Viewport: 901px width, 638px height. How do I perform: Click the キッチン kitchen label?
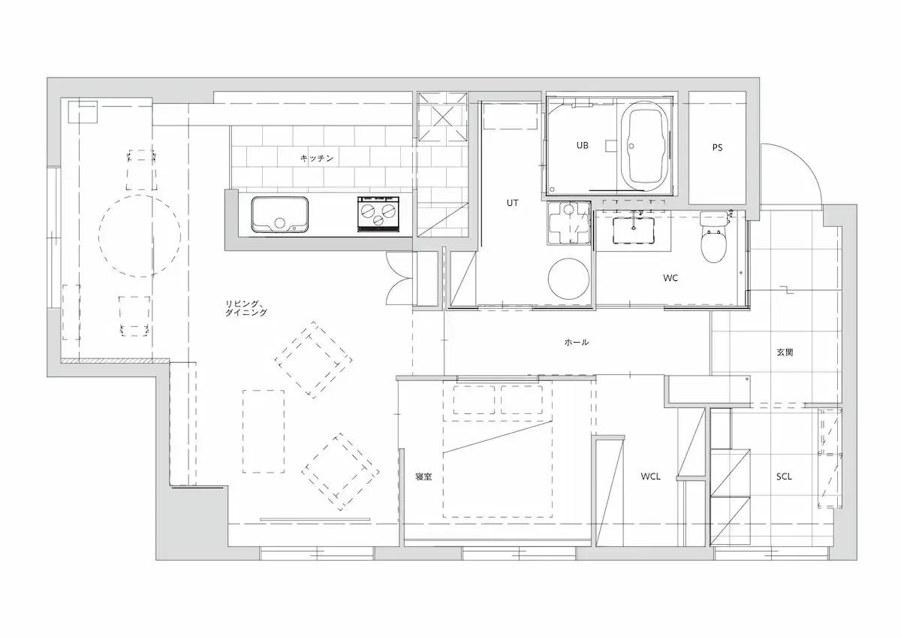[317, 159]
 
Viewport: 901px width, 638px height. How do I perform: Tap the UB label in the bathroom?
[582, 145]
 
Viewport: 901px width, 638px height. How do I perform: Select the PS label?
[717, 148]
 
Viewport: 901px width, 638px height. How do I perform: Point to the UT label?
[512, 203]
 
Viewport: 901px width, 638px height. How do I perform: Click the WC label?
[670, 278]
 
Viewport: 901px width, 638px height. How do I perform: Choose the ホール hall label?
[577, 342]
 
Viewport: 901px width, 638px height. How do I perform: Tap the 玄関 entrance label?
[785, 352]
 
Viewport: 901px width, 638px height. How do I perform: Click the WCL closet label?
[650, 476]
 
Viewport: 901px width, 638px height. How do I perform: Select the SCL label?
[784, 476]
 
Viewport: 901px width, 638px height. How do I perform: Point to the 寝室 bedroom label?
[423, 476]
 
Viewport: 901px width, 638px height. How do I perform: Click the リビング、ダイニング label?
[246, 308]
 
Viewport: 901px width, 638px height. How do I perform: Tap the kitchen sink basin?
[280, 215]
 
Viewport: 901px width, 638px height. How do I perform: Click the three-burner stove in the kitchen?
[378, 214]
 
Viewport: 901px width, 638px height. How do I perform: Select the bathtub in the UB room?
[645, 146]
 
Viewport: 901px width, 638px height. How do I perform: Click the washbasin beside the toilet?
[634, 230]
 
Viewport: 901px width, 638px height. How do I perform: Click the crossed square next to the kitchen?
[442, 117]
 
